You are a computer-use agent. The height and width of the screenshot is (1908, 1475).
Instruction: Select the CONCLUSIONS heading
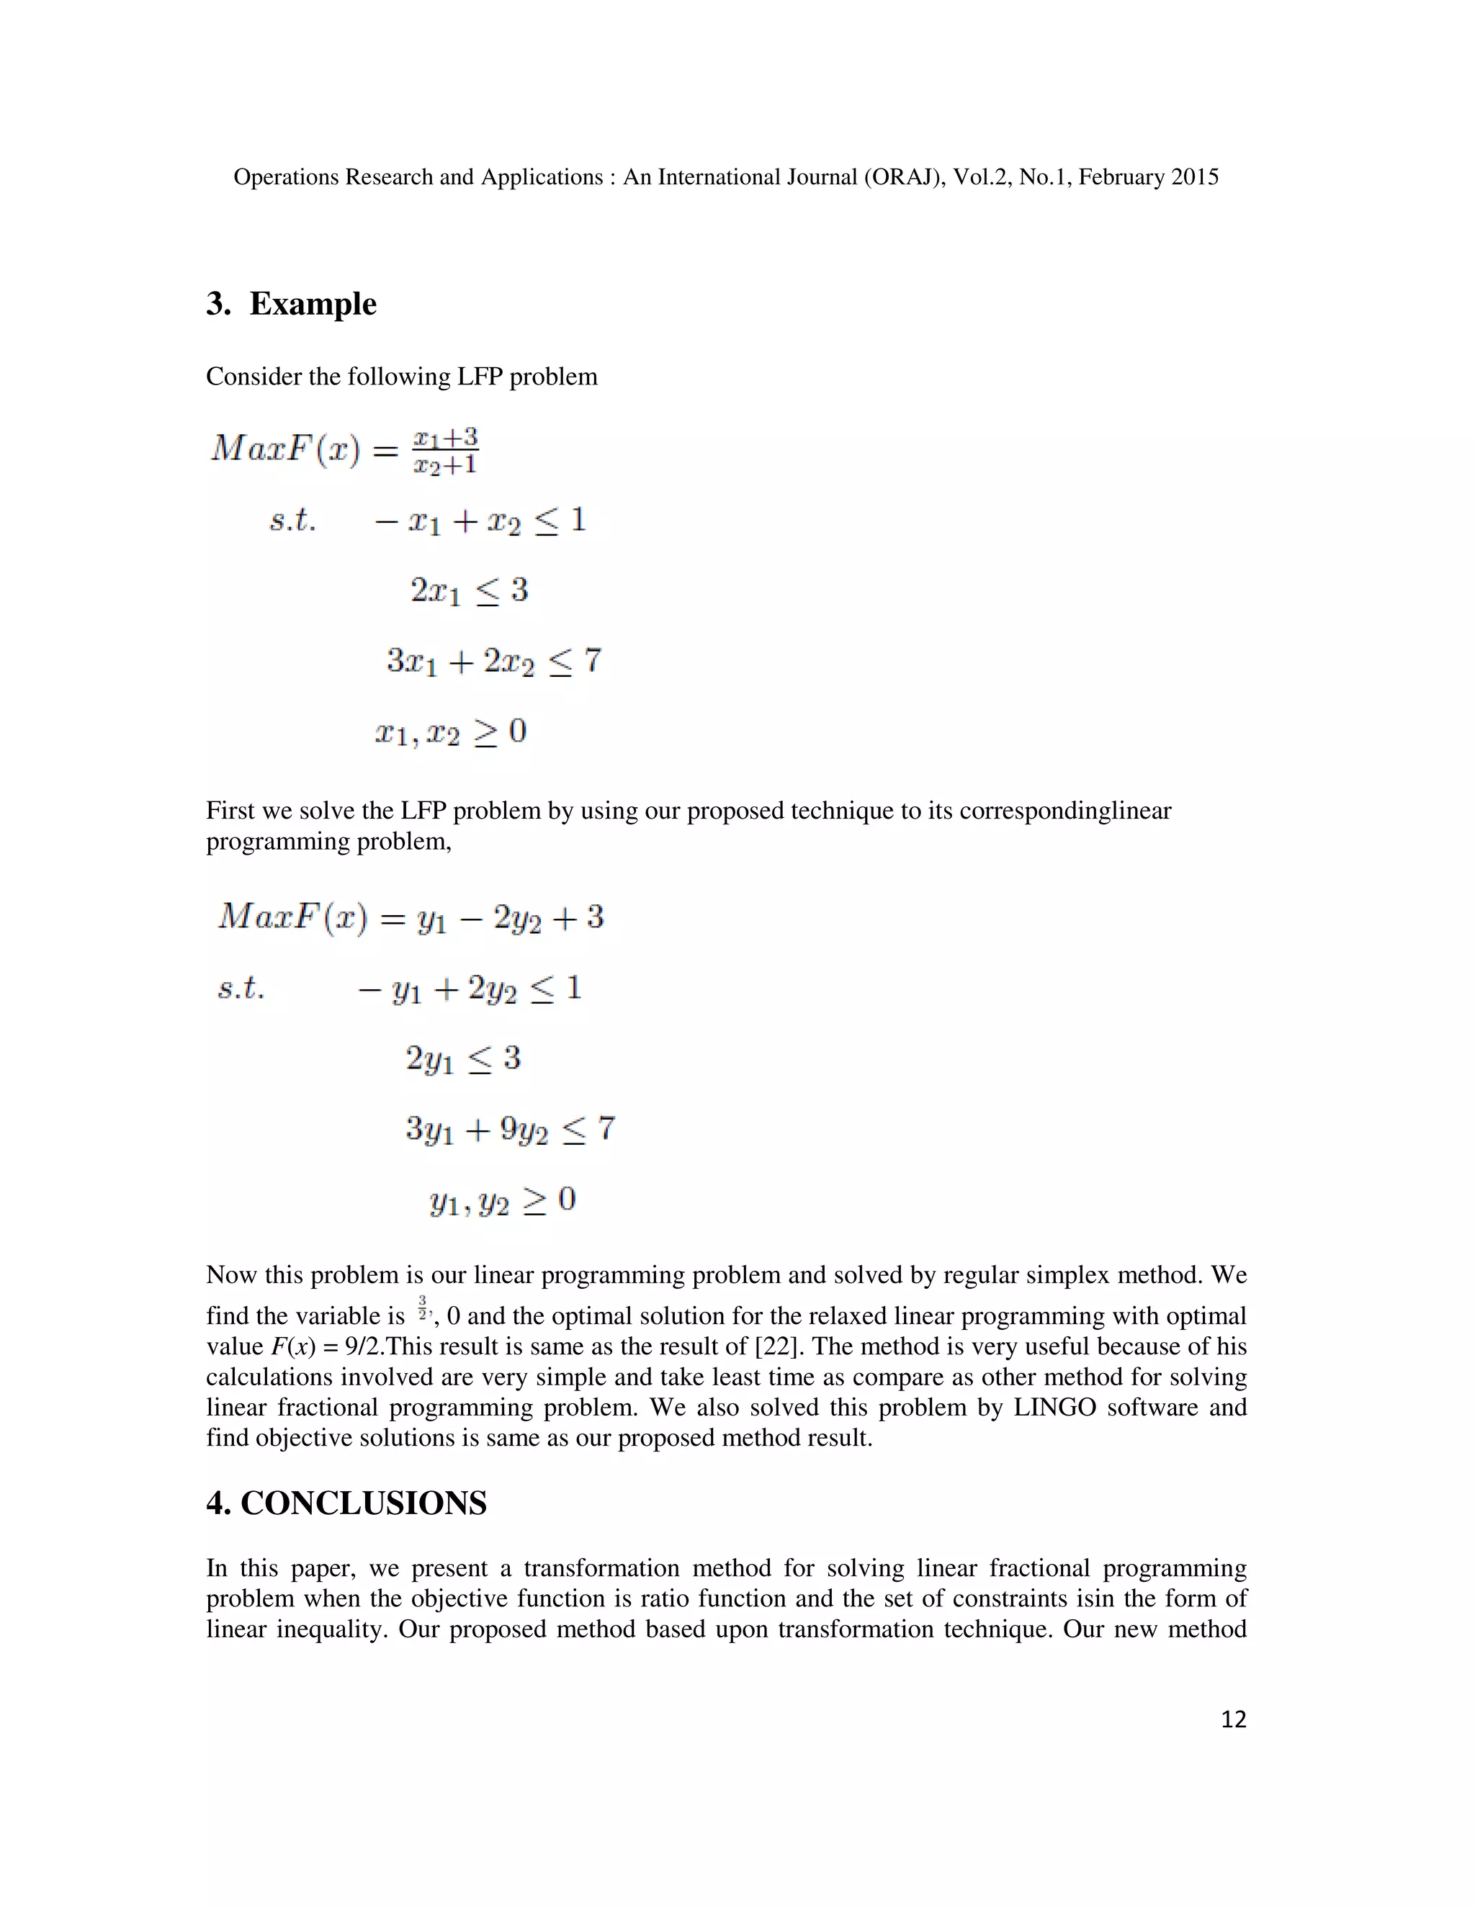[363, 1503]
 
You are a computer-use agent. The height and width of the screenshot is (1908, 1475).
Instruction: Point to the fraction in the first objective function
[446, 450]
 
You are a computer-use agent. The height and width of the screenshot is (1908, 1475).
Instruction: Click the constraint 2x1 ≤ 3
[470, 591]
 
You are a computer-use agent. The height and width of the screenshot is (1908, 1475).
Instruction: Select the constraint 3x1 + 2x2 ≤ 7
[493, 662]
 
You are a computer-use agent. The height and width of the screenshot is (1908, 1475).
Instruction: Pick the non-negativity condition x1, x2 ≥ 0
[451, 732]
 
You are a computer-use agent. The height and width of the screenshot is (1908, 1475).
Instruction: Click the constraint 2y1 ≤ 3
[463, 1060]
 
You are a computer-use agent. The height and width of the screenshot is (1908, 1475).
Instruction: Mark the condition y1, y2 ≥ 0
[503, 1201]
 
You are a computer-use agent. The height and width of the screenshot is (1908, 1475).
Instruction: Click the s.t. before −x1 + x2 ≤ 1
[292, 521]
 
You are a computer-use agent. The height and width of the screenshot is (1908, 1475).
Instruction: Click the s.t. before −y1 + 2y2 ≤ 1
[241, 989]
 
